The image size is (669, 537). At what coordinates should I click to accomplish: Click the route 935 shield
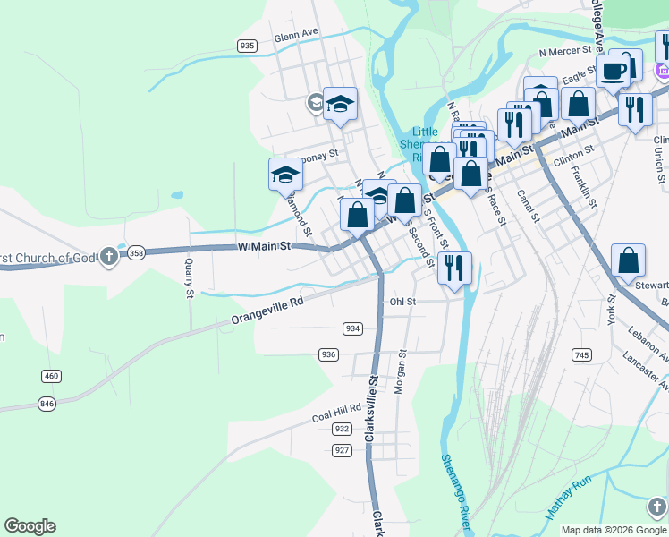pyautogui.click(x=248, y=46)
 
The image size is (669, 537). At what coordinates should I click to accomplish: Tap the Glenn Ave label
pyautogui.click(x=297, y=35)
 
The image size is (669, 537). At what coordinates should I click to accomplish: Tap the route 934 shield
pyautogui.click(x=352, y=328)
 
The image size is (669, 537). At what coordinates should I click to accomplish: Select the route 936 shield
pyautogui.click(x=328, y=354)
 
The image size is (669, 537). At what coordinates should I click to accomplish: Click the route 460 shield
pyautogui.click(x=51, y=376)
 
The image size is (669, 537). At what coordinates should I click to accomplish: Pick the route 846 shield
pyautogui.click(x=47, y=404)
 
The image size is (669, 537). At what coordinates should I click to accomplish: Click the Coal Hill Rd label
pyautogui.click(x=336, y=413)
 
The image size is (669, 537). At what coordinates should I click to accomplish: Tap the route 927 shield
pyautogui.click(x=342, y=449)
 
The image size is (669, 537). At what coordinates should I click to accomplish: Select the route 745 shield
pyautogui.click(x=581, y=355)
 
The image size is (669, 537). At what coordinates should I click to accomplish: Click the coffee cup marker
pyautogui.click(x=614, y=70)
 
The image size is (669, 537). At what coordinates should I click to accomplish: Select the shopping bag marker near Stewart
pyautogui.click(x=629, y=260)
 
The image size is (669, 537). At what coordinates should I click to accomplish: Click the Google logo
pyautogui.click(x=30, y=526)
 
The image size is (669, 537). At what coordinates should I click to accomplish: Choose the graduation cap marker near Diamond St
pyautogui.click(x=285, y=173)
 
